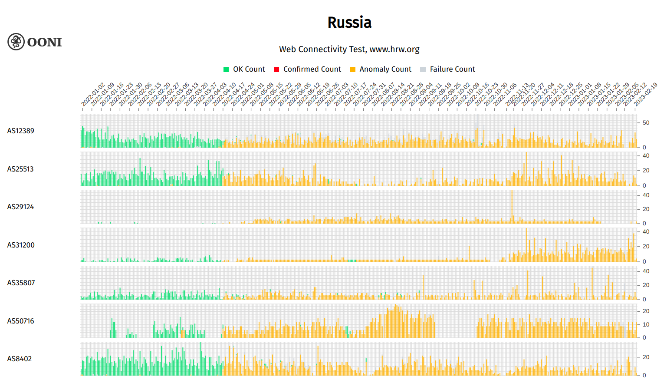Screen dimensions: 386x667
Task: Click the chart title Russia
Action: tap(349, 23)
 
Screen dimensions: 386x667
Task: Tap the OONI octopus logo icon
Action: tap(16, 42)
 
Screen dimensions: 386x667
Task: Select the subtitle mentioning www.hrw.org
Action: tap(349, 49)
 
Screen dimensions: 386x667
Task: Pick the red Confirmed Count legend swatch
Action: tap(276, 69)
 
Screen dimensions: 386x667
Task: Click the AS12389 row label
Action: tap(20, 131)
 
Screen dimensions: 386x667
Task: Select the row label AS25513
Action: tap(20, 169)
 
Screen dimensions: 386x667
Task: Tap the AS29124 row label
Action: tap(20, 207)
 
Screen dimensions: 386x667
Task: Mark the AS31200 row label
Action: tap(21, 245)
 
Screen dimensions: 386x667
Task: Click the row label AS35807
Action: tap(21, 283)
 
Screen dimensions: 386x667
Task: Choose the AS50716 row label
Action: tap(20, 321)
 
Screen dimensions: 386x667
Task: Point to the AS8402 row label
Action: tap(20, 359)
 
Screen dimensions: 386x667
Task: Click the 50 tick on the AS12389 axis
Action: tap(646, 123)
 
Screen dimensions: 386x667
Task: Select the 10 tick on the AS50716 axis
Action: tap(646, 325)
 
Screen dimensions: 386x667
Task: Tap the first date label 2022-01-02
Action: tap(93, 95)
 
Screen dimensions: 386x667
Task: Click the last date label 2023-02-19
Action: tap(645, 95)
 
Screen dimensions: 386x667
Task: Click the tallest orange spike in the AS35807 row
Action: tap(592, 282)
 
